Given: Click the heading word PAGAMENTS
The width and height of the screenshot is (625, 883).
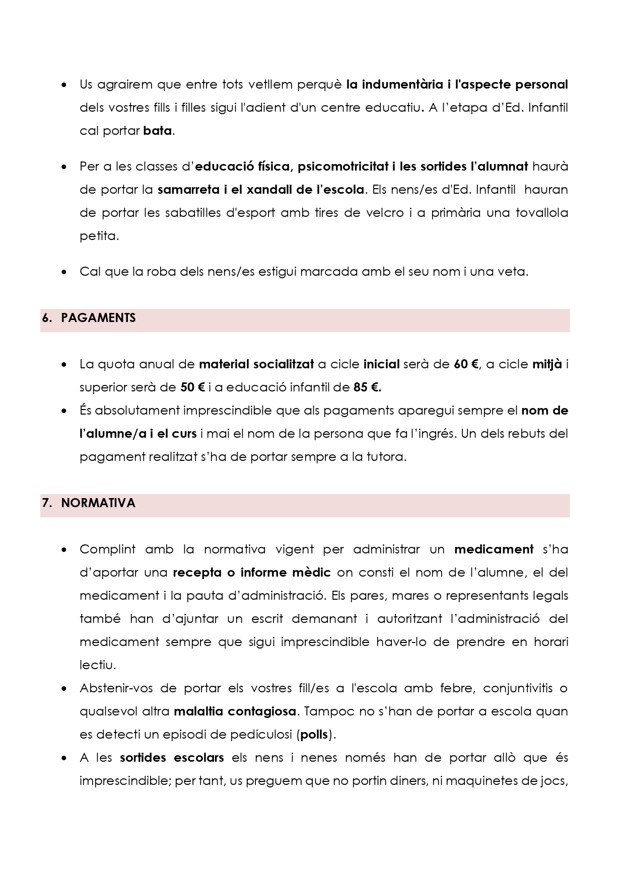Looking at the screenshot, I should [98, 318].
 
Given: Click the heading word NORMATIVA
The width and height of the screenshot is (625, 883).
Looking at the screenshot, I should [98, 503].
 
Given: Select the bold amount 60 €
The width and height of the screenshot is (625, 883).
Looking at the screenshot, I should [466, 364].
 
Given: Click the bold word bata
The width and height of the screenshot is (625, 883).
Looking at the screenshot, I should [158, 131].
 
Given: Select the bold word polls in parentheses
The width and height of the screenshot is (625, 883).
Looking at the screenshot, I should [314, 735].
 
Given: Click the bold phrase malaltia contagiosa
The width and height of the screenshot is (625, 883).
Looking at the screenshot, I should [235, 711].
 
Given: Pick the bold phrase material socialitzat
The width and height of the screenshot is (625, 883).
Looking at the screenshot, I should [256, 364].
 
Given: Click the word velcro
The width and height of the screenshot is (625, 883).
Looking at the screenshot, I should [385, 212].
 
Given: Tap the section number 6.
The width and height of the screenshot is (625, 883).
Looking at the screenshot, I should [47, 318].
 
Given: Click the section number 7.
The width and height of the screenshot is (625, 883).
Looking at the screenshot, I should [47, 503].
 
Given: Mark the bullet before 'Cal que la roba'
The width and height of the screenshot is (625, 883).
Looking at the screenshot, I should [64, 272].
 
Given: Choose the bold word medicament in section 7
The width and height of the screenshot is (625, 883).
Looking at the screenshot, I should [494, 549].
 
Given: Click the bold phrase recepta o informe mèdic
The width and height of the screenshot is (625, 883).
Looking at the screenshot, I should [251, 573].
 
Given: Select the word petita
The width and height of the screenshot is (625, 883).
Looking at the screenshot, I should [99, 235].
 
